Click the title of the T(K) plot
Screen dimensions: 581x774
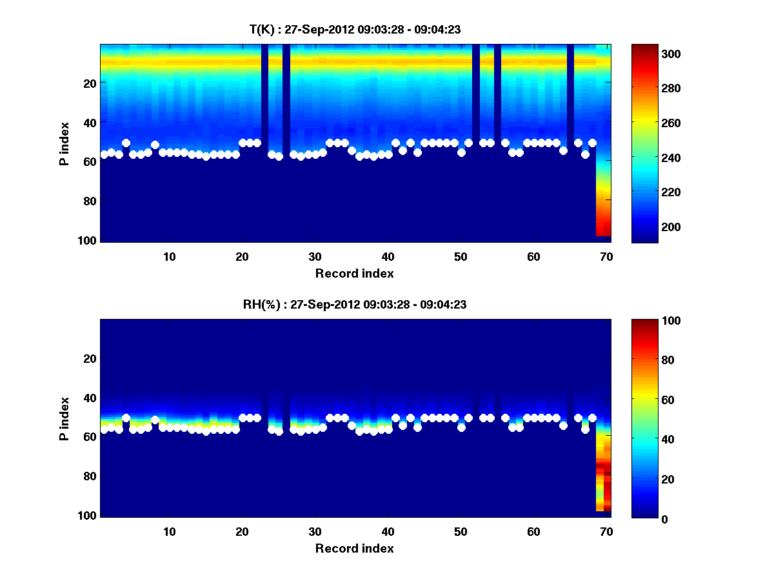tap(355, 29)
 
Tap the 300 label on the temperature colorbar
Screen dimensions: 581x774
tap(648, 54)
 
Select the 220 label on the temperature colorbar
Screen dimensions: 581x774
tap(648, 192)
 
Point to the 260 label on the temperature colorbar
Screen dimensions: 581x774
tap(648, 123)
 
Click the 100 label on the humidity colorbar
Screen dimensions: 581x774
tap(648, 321)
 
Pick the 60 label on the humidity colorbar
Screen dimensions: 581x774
tap(645, 400)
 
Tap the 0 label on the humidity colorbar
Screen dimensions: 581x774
tap(642, 518)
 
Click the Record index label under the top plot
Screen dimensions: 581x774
tap(355, 273)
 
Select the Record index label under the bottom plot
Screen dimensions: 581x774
tap(355, 548)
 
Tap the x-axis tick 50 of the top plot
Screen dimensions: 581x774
tap(461, 256)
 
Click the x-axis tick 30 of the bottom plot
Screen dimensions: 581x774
tap(315, 531)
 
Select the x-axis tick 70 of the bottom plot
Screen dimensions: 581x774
tap(606, 531)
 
